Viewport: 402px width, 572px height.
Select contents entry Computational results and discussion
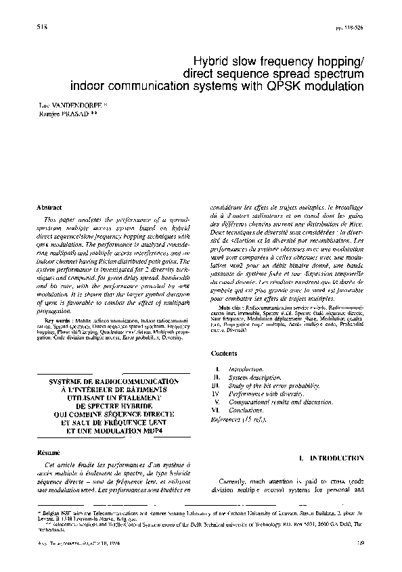[276, 408]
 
